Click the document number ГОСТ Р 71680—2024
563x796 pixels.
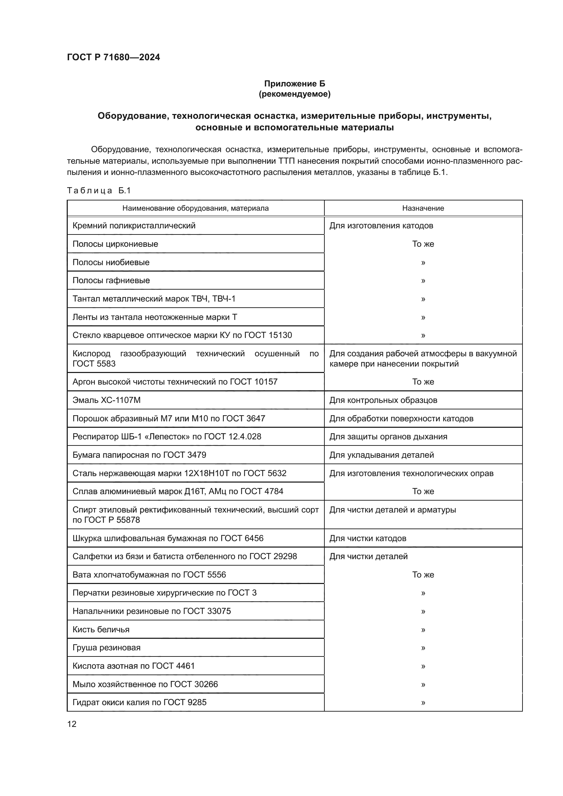(113, 58)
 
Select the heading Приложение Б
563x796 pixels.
(294, 84)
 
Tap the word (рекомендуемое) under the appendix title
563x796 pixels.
(294, 94)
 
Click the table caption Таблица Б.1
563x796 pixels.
(98, 190)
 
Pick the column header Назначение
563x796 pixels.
(423, 208)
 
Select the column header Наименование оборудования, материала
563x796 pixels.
(195, 208)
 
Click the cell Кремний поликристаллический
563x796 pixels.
(134, 226)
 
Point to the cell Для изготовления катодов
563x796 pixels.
(381, 226)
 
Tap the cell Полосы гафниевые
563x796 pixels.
(111, 280)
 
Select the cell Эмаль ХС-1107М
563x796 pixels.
(107, 400)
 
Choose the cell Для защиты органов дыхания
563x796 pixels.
(388, 437)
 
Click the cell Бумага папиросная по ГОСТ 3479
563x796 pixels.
(139, 455)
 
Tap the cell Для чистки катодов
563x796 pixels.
(368, 538)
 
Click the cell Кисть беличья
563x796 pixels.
(101, 630)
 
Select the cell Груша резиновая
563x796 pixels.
(107, 648)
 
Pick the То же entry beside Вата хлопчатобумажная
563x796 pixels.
(423, 575)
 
